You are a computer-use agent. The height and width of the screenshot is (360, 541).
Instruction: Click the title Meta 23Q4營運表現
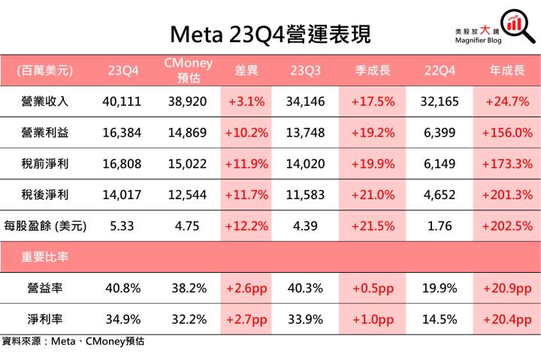[270, 34]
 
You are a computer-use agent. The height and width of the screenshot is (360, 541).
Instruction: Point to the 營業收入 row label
[46, 101]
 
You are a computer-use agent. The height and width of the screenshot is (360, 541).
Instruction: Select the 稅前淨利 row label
[46, 163]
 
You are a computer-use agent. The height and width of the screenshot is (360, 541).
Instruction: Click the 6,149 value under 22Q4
[438, 163]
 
